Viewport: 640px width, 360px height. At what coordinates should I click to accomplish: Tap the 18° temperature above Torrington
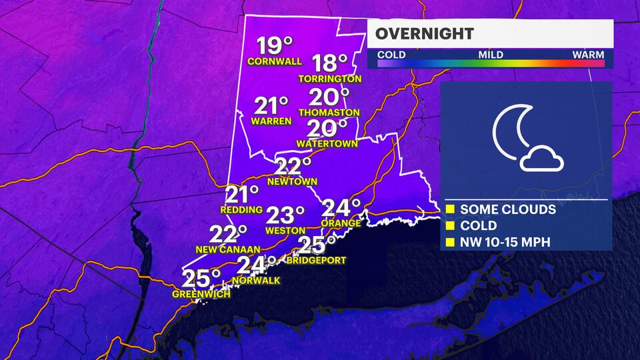coord(331,63)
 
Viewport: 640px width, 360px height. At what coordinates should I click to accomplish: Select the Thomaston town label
coord(329,113)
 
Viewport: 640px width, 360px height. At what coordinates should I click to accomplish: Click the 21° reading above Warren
coord(271,106)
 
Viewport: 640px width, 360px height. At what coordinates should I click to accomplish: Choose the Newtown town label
coord(292,181)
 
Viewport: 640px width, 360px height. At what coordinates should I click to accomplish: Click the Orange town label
coord(341,223)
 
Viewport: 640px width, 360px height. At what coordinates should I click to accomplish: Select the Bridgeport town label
coord(316,260)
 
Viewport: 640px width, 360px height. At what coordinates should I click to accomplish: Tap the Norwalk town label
coord(255,280)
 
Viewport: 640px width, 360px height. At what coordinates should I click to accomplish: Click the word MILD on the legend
coord(490,54)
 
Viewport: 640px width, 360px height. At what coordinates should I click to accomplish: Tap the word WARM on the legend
coord(588,54)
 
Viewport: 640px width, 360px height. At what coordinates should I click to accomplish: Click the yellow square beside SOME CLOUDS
coord(450,209)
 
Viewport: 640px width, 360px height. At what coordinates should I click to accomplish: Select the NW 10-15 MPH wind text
coord(505,241)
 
